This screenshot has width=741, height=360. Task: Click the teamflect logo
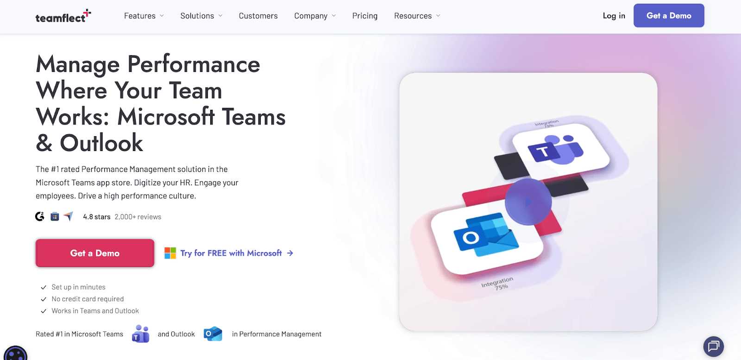63,16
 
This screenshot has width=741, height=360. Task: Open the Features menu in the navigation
144,16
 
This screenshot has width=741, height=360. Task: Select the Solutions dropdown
201,16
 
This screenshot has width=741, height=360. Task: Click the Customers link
258,16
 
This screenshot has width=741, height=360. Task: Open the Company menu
315,16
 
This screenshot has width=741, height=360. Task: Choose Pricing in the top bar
364,16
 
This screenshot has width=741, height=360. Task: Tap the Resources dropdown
417,16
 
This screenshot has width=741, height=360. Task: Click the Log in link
614,16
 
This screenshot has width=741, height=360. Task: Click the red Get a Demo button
95,253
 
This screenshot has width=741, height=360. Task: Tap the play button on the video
528,202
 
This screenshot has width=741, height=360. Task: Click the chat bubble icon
714,347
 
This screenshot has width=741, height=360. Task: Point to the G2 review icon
40,216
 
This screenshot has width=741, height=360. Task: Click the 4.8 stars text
97,217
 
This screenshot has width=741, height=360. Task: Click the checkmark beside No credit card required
44,299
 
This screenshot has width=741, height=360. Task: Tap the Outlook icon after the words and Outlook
213,334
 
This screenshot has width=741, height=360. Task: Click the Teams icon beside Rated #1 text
141,334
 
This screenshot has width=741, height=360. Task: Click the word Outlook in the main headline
101,143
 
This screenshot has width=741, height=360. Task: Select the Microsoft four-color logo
170,253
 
